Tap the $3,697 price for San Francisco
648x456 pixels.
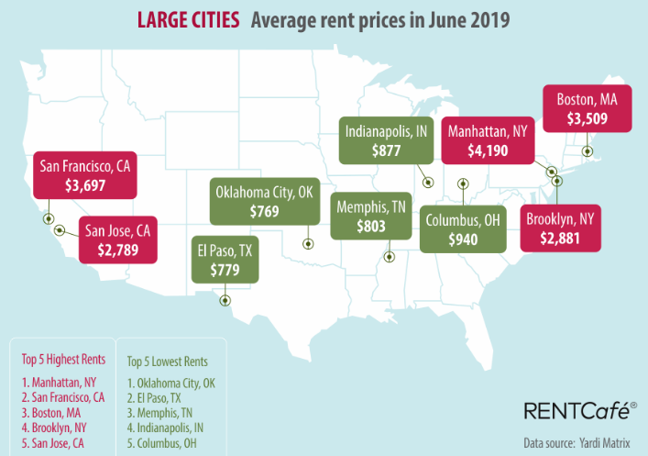[x=84, y=185]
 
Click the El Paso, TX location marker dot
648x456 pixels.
[x=225, y=300]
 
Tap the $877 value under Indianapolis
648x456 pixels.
[x=386, y=151]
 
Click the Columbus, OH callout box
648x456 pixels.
[x=466, y=229]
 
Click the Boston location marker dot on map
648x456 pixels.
[x=588, y=151]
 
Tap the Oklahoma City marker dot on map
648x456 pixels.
[x=308, y=244]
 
